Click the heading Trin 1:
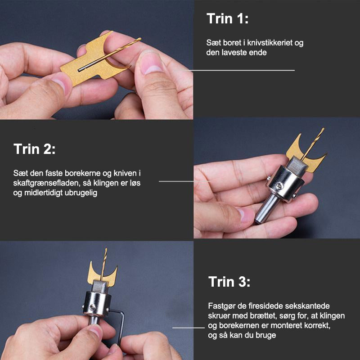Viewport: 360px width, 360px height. pos(227,18)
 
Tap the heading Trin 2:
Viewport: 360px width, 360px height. pos(35,149)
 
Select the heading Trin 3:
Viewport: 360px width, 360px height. pos(229,282)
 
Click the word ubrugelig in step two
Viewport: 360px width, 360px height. pos(81,193)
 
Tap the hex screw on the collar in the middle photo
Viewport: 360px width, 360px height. pos(279,185)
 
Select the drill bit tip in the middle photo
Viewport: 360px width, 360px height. pos(323,129)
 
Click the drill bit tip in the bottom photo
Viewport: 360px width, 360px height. pos(106,249)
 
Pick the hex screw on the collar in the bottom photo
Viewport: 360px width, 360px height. pos(92,307)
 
